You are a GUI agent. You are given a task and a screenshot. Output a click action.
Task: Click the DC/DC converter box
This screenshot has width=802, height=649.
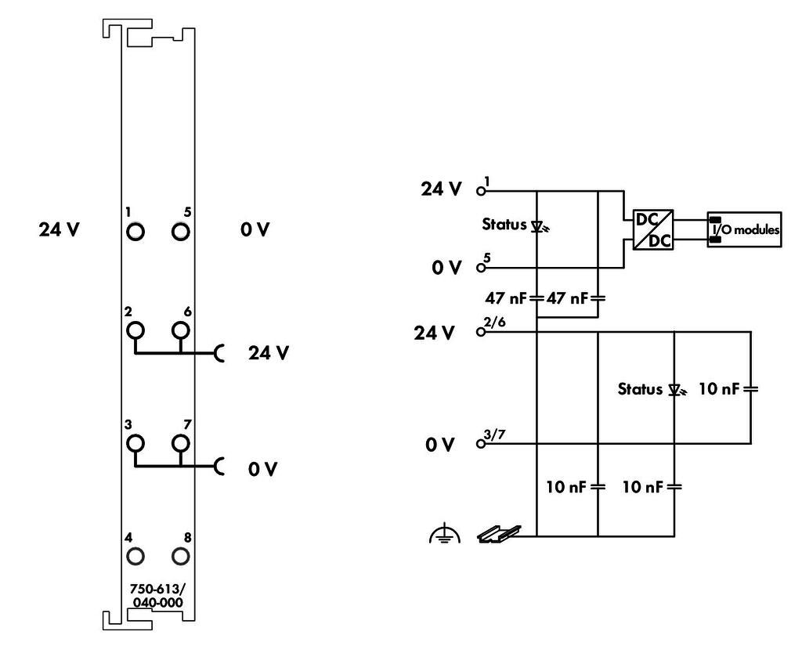click(653, 229)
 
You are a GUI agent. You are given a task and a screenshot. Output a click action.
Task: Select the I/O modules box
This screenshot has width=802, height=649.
click(744, 229)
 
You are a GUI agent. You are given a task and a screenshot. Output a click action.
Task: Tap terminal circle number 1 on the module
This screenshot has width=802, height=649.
click(135, 232)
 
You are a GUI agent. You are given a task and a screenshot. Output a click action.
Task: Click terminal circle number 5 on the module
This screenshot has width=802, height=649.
click(181, 232)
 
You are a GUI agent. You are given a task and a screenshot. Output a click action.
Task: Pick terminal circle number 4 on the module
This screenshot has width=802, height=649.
click(135, 557)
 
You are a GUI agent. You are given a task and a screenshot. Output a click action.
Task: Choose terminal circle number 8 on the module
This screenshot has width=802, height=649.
click(181, 557)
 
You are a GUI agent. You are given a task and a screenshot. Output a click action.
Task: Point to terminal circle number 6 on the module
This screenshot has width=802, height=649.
click(181, 330)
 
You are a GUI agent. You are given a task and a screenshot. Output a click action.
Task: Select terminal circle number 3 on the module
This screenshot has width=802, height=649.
click(135, 443)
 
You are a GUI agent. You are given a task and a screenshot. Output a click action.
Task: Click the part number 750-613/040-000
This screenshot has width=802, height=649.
click(157, 595)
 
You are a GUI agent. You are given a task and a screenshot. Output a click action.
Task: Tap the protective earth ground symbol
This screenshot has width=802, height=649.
click(445, 533)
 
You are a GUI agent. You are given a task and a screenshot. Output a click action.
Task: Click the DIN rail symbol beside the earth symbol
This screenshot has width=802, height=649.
click(499, 534)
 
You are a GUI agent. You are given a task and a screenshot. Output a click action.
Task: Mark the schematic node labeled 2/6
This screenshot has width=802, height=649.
click(480, 332)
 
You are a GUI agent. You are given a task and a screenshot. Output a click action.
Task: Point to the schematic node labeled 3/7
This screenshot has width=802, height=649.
click(480, 443)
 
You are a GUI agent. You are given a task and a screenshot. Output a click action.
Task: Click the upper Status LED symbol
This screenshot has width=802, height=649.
click(539, 226)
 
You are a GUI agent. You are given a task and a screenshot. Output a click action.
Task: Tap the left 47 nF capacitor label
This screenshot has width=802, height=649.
click(505, 297)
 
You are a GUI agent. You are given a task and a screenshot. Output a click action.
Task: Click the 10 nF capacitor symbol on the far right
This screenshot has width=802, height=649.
click(750, 389)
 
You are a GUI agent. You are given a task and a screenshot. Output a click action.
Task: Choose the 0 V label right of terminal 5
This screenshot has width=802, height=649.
click(255, 229)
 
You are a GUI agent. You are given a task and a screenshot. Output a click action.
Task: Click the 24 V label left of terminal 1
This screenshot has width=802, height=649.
click(60, 229)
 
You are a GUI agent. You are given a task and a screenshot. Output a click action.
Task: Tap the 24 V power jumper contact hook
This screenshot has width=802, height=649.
click(219, 353)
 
